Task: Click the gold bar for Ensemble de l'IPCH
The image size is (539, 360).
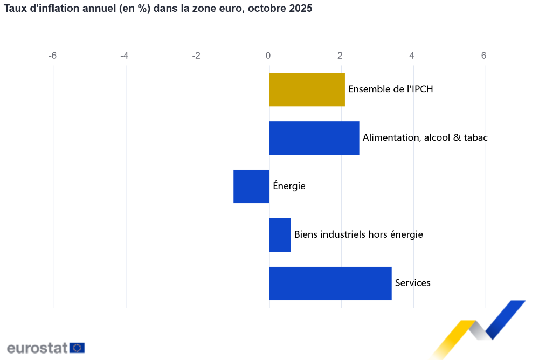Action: (307, 89)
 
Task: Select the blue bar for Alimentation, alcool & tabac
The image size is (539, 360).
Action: (314, 138)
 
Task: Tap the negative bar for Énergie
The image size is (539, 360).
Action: (251, 186)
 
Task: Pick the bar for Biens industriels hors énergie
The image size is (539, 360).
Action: (280, 235)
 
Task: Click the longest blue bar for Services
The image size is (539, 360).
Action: (330, 283)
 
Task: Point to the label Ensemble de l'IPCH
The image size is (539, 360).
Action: (391, 89)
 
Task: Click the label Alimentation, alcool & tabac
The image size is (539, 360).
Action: (425, 137)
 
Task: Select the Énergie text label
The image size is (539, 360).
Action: (289, 186)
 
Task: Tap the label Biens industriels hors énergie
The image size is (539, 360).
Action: (358, 234)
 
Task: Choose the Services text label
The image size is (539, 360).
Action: (412, 283)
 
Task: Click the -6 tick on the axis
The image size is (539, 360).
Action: (52, 56)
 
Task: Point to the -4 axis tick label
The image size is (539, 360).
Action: (124, 56)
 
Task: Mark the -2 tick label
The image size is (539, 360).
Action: (196, 56)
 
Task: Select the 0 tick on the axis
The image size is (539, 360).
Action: (268, 56)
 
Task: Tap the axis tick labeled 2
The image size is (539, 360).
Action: (340, 56)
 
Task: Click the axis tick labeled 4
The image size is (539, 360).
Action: (412, 56)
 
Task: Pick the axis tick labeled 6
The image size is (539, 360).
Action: (483, 56)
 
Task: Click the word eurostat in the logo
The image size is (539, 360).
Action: (37, 348)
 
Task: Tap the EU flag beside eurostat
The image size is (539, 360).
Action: (77, 348)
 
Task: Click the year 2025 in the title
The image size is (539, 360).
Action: (301, 9)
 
